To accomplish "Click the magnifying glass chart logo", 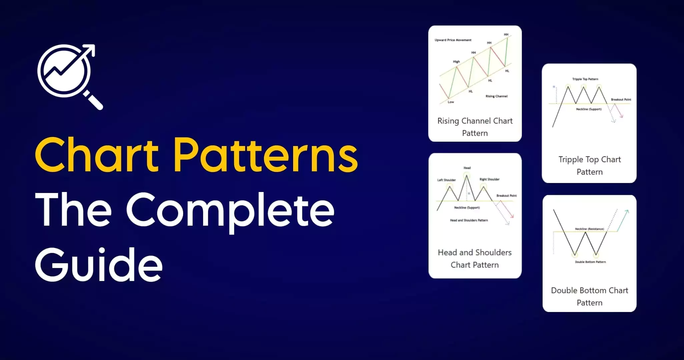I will (68, 75).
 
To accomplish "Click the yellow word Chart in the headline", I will (97, 155).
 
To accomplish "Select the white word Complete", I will (230, 211).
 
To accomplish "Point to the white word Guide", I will (99, 265).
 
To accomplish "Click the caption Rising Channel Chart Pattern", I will (475, 127).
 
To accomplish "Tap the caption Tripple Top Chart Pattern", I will (590, 166).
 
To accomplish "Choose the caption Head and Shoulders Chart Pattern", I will (475, 259).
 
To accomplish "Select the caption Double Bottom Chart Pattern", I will (590, 297).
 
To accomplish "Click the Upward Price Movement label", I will (453, 40).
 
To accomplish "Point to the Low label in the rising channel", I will (451, 102).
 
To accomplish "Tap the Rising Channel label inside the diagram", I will (497, 96).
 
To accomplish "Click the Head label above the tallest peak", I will (467, 168).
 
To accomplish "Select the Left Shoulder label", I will (446, 180).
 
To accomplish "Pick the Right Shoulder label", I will (490, 179).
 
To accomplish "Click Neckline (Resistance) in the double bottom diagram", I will (590, 229).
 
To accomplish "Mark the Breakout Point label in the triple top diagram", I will (621, 100).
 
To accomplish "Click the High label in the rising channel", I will (456, 62).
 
